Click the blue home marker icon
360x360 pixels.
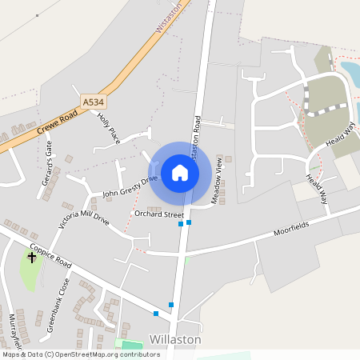click(180, 172)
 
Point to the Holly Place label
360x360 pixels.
click(107, 128)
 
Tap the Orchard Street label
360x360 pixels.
click(159, 215)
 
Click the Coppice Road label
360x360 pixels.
click(52, 254)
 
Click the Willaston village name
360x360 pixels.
click(174, 339)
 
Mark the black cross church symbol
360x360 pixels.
click(32, 258)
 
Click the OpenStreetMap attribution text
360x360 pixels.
click(80, 354)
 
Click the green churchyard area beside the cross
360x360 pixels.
click(30, 274)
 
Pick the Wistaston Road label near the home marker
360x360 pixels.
click(195, 136)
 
